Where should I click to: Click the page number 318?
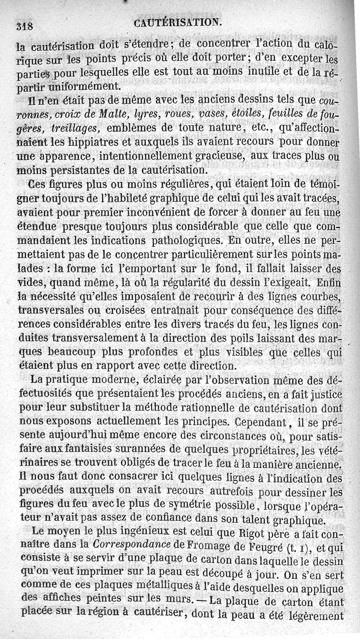coord(25,26)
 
